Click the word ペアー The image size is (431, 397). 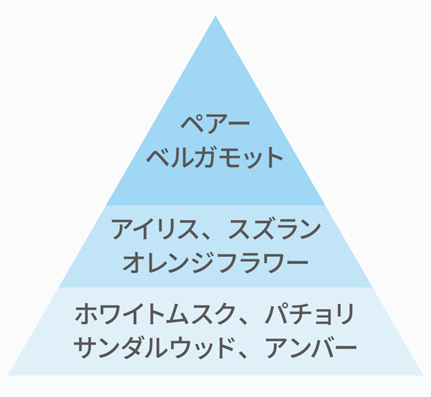pyautogui.click(x=215, y=124)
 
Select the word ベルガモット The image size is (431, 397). pyautogui.click(x=215, y=157)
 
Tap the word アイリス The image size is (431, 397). pyautogui.click(x=155, y=229)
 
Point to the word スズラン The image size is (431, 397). pyautogui.click(x=275, y=229)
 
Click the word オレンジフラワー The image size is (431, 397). pyautogui.click(x=215, y=262)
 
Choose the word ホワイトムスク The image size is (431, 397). pyautogui.click(x=155, y=314)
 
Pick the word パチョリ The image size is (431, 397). pyautogui.click(x=309, y=314)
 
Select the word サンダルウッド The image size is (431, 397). pyautogui.click(x=154, y=348)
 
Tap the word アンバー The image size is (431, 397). pyautogui.click(x=311, y=348)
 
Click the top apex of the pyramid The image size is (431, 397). pyautogui.click(x=215, y=15)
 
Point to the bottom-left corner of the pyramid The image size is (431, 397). pyautogui.click(x=8, y=375)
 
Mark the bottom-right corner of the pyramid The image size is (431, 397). pyautogui.click(x=423, y=375)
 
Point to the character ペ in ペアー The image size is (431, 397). pyautogui.click(x=192, y=124)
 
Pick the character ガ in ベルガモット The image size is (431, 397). pyautogui.click(x=204, y=157)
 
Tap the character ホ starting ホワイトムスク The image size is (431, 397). pyautogui.click(x=85, y=314)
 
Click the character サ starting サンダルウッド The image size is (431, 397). pyautogui.click(x=85, y=348)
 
